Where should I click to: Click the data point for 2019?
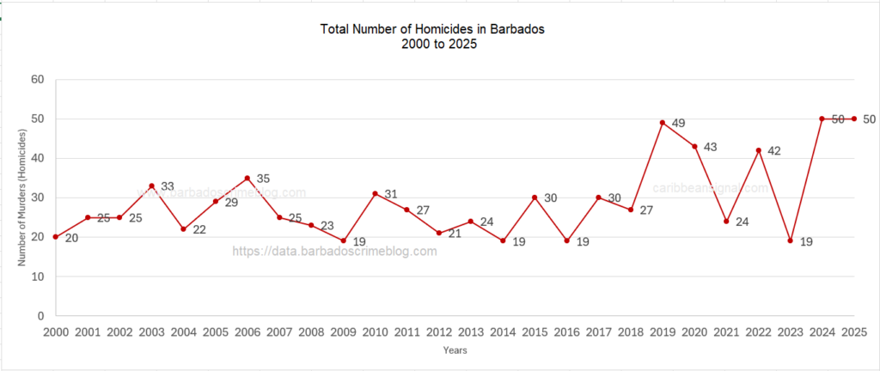click(x=663, y=122)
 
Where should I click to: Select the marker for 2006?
click(x=247, y=178)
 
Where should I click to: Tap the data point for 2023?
click(x=790, y=241)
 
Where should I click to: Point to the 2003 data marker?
click(x=151, y=185)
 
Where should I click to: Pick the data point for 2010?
click(x=375, y=193)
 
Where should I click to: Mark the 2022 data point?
click(x=758, y=150)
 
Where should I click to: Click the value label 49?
click(x=678, y=124)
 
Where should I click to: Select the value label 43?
click(x=710, y=148)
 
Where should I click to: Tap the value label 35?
click(x=263, y=179)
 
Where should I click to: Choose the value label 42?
click(x=773, y=152)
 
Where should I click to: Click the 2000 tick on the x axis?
click(x=56, y=331)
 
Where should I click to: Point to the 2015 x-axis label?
click(x=535, y=331)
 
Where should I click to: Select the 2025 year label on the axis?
click(x=853, y=331)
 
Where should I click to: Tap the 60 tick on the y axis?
click(x=37, y=79)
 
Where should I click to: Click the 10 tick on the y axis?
click(x=37, y=277)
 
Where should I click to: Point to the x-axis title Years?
click(x=455, y=350)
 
